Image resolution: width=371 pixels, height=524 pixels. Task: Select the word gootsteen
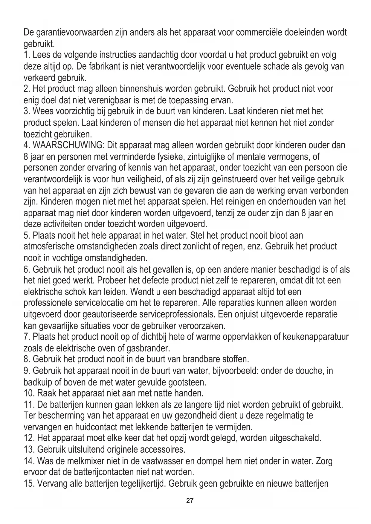point(188,382)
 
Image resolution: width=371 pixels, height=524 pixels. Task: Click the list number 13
point(29,450)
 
